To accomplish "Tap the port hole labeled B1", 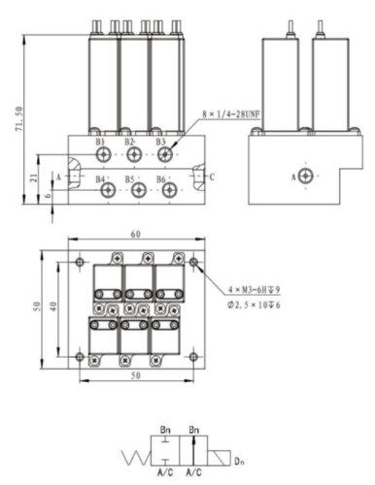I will coord(106,153).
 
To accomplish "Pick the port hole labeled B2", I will coord(137,153).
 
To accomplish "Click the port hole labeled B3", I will coord(169,153).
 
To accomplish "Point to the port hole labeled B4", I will coord(107,190).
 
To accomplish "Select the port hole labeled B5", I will coord(138,190).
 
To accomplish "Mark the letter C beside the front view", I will coord(212,177).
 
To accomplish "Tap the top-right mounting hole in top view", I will coord(195,262).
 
